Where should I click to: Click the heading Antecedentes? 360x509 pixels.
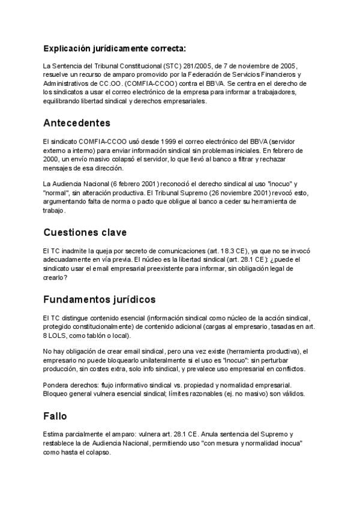click(x=77, y=123)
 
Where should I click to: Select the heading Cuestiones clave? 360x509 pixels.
click(x=85, y=232)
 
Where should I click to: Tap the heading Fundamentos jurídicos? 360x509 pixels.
click(x=99, y=299)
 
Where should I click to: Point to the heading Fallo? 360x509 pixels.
click(x=56, y=415)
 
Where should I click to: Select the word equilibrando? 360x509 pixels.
click(x=65, y=101)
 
